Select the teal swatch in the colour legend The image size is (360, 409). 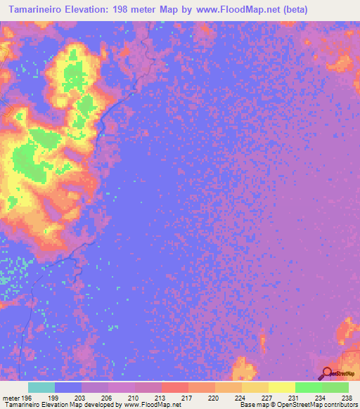[41, 387]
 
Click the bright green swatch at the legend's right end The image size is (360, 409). [335, 387]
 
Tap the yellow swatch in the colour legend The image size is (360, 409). [282, 387]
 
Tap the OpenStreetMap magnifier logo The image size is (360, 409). [327, 374]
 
